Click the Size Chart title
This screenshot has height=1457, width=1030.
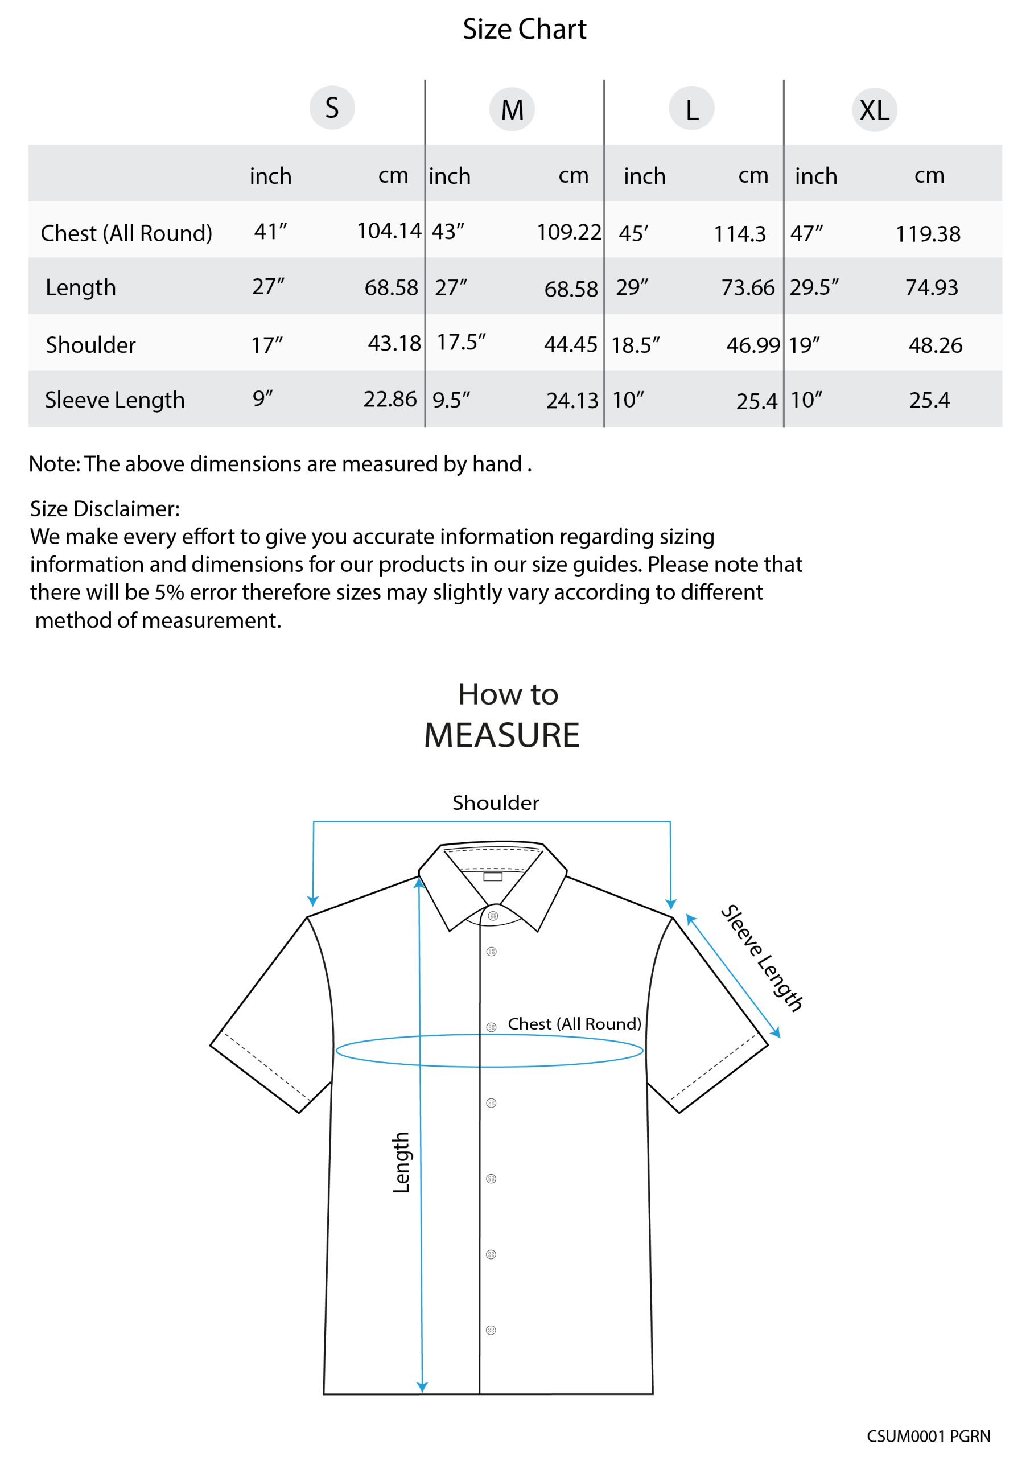[x=524, y=29]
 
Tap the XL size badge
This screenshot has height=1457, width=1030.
[x=874, y=110]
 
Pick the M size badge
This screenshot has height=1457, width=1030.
[x=512, y=109]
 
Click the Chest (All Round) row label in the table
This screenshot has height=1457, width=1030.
[x=126, y=233]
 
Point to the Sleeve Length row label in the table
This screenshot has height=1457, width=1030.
[x=115, y=400]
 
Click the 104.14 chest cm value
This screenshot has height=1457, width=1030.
[x=389, y=231]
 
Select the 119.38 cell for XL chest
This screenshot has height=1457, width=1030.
[x=928, y=233]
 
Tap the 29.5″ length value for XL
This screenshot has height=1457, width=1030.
[x=814, y=287]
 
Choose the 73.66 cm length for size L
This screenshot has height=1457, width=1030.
[x=748, y=287]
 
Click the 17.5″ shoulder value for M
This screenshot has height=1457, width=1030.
[x=462, y=342]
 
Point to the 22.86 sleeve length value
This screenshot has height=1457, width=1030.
[x=390, y=398]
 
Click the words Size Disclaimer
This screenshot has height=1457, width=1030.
[x=105, y=508]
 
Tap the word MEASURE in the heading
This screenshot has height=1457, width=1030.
[x=501, y=735]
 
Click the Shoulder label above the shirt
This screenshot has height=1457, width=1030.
[x=496, y=802]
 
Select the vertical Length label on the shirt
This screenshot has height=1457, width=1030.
[x=401, y=1163]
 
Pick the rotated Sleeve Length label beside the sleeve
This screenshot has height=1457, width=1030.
[x=761, y=958]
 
